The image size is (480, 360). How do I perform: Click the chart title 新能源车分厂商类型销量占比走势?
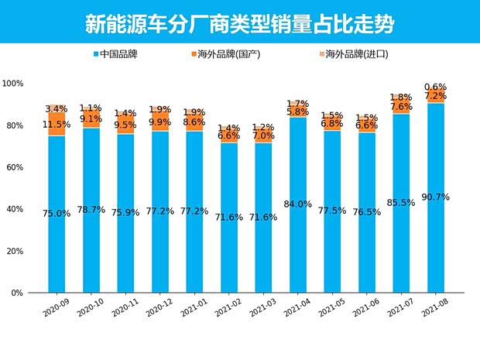(x=239, y=23)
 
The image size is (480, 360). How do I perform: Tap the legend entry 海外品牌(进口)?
(x=352, y=55)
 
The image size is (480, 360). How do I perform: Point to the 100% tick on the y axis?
(x=13, y=84)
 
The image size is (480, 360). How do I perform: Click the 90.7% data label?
(x=436, y=197)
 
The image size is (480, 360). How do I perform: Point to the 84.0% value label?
(x=298, y=204)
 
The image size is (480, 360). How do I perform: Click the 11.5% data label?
(x=57, y=124)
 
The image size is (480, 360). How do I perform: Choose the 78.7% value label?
(x=91, y=210)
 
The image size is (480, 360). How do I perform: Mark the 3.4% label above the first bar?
(x=57, y=109)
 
